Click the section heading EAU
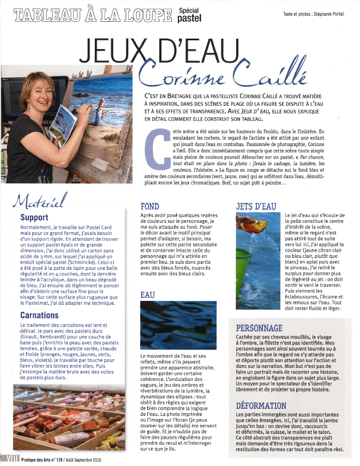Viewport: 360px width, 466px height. pyautogui.click(x=148, y=295)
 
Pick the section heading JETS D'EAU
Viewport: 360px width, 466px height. pyautogui.click(x=256, y=207)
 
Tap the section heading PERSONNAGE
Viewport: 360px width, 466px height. pyautogui.click(x=259, y=328)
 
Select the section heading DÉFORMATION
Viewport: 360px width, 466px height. pyautogui.click(x=261, y=406)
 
